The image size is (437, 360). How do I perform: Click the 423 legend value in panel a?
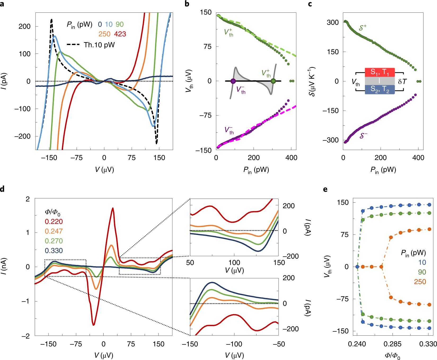tap(120, 34)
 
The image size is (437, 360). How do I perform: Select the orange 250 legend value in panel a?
tap(104, 34)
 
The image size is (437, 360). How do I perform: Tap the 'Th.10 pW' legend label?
tap(99, 45)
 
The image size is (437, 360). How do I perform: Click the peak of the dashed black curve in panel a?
tap(51, 19)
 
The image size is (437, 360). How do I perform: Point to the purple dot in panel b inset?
tap(233, 81)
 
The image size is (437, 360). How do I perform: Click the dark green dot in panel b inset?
tap(273, 81)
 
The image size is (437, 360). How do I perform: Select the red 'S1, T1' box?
tap(380, 72)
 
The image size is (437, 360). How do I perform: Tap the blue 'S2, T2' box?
tap(380, 90)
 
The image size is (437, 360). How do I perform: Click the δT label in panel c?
tap(402, 82)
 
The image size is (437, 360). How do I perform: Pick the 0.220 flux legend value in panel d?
tap(54, 222)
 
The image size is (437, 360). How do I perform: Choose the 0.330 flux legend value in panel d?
tap(54, 251)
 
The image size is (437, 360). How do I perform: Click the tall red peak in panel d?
tap(113, 208)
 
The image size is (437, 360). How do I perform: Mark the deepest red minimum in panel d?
tap(94, 325)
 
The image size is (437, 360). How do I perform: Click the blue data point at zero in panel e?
tap(357, 267)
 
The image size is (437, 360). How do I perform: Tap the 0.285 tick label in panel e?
tap(393, 344)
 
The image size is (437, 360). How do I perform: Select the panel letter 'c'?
tap(310, 4)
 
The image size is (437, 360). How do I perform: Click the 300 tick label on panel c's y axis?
tap(333, 23)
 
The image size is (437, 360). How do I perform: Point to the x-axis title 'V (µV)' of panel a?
tap(104, 170)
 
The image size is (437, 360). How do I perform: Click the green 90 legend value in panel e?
tap(422, 272)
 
